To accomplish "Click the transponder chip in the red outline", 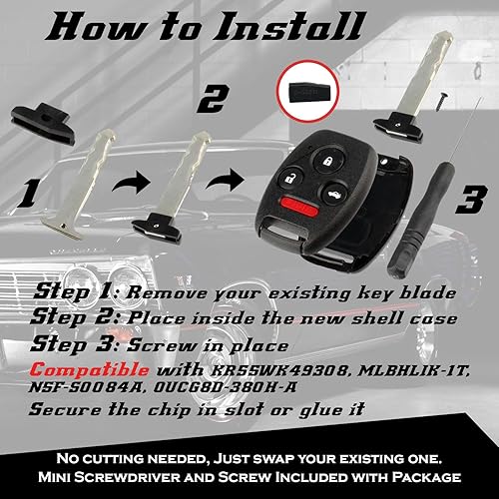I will pos(309,103).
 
